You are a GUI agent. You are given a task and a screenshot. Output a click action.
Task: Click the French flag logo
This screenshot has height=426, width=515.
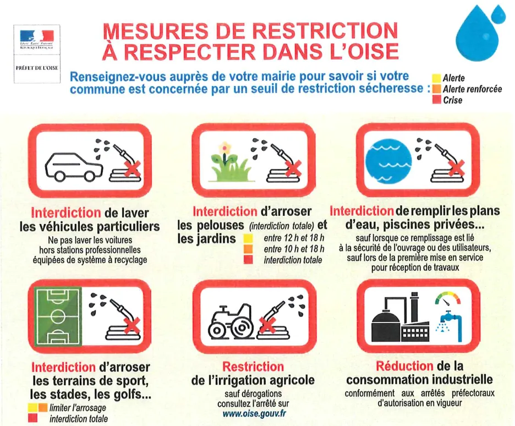(37, 35)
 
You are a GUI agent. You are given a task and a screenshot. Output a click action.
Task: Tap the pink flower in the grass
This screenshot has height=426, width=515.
(224, 148)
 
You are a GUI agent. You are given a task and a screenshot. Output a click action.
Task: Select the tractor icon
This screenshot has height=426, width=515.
(231, 321)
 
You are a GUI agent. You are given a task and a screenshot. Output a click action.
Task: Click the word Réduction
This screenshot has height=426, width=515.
(404, 367)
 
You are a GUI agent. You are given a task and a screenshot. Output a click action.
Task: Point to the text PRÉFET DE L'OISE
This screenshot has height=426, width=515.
(37, 67)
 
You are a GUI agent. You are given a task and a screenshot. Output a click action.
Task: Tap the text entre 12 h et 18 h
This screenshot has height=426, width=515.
(294, 238)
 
